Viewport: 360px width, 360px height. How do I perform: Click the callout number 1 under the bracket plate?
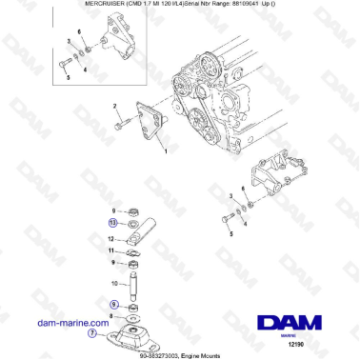coord(166,151)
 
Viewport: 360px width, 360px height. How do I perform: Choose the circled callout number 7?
coord(92,334)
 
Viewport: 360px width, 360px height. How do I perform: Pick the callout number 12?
coord(112,239)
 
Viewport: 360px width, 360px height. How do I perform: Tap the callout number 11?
coord(112,251)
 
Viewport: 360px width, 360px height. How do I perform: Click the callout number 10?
coord(114,283)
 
